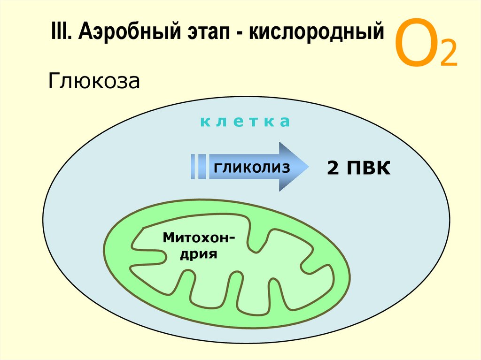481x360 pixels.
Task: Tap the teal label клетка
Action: (245, 122)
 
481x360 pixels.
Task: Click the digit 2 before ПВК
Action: (332, 168)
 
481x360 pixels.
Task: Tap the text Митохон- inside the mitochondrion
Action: (199, 237)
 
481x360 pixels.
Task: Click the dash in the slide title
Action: (235, 34)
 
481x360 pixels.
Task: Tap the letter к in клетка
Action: (204, 123)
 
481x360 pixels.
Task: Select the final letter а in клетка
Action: (286, 123)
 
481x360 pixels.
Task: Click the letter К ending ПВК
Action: (382, 168)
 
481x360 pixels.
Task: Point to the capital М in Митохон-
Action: (167, 237)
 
